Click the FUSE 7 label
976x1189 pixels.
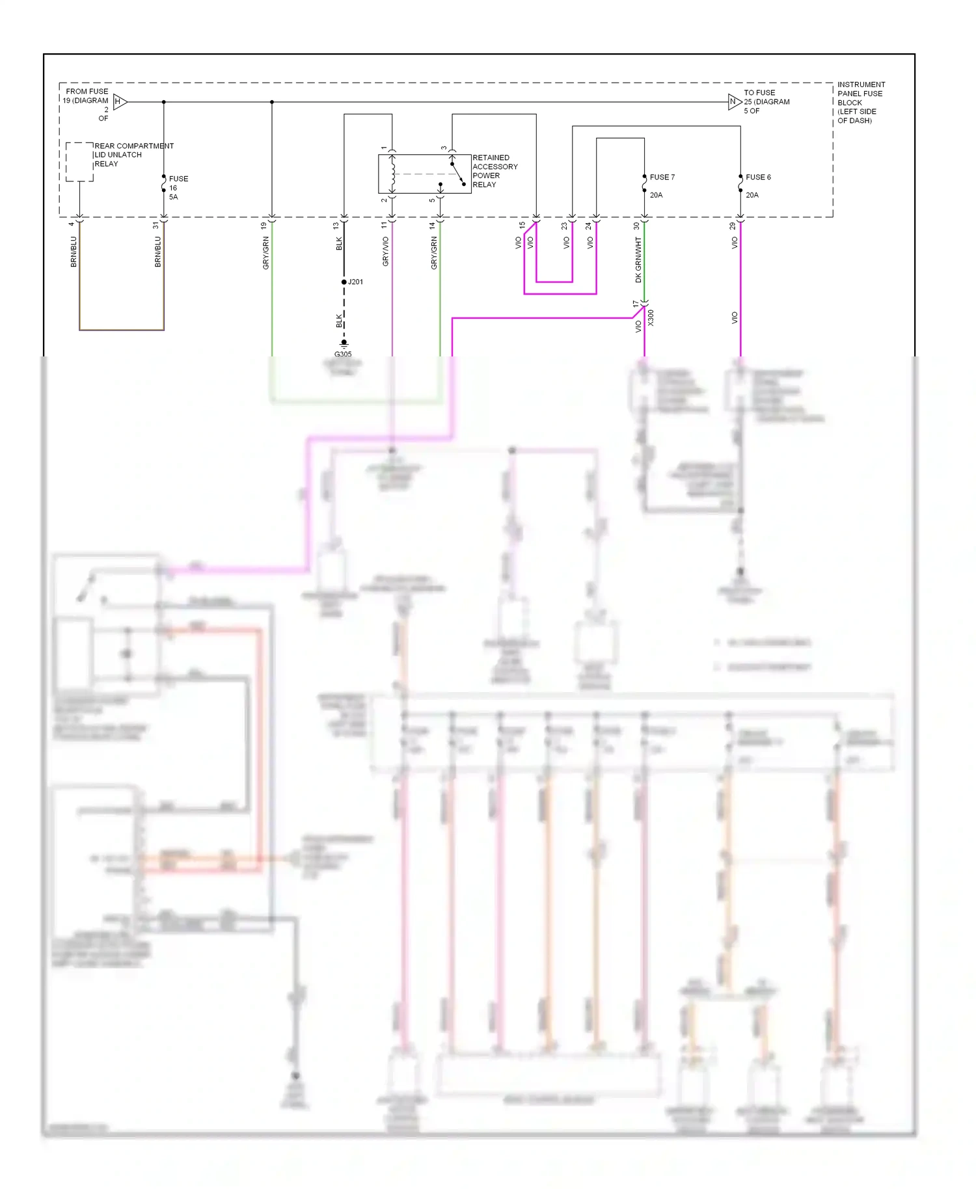[x=662, y=177]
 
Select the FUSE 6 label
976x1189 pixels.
[x=758, y=177]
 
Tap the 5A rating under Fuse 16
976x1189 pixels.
[x=173, y=197]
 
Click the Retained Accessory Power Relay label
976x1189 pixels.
[x=495, y=171]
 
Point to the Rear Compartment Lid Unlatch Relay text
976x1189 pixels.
[x=133, y=155]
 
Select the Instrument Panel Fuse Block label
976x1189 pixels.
[x=860, y=102]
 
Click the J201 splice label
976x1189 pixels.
[x=355, y=282]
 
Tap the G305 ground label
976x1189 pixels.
[x=343, y=354]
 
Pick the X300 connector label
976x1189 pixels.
[x=651, y=318]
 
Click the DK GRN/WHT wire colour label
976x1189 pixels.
[x=638, y=260]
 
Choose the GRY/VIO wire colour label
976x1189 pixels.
[x=385, y=251]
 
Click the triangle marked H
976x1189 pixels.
[x=119, y=101]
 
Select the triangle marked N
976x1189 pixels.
[x=734, y=101]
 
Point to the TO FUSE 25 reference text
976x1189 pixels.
[x=766, y=101]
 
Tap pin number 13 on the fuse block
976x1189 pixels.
[x=336, y=226]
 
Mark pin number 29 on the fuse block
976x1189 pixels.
[x=732, y=226]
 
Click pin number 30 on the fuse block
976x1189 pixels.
[x=636, y=226]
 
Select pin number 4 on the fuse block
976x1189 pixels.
[x=72, y=224]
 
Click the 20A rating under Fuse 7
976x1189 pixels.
[x=656, y=195]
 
